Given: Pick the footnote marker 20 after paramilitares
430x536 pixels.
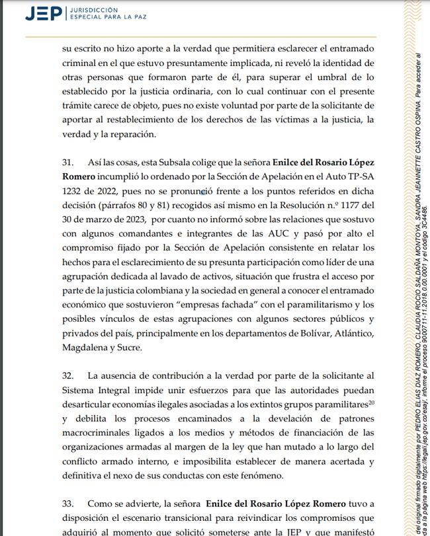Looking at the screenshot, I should pos(372,401).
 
